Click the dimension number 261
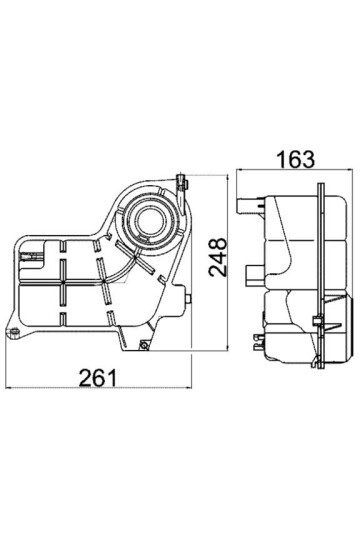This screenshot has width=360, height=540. [99, 377]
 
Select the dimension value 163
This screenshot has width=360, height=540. [291, 157]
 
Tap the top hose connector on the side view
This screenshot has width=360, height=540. [243, 205]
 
